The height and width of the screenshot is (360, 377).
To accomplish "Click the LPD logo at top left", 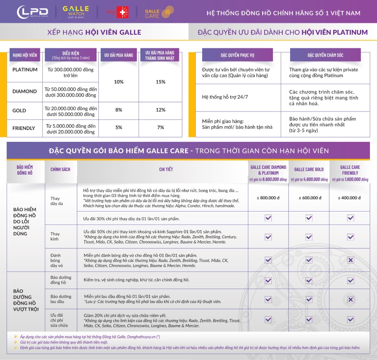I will tap(33, 12).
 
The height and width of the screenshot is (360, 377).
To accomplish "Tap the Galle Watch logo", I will tap(76, 12).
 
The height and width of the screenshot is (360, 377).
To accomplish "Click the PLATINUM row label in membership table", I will tap(25, 70).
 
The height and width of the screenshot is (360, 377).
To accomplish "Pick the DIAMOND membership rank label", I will tap(25, 91).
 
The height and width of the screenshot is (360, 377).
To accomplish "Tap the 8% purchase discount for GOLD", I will tap(119, 110).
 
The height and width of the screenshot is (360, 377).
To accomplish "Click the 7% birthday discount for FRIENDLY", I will tap(160, 127).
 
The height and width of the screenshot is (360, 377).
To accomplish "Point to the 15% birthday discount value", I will tap(160, 82).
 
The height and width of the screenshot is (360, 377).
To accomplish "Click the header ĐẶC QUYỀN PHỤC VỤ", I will tap(237, 55).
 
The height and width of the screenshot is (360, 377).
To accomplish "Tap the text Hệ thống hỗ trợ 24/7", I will tap(225, 97).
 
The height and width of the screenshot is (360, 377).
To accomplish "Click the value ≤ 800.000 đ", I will tap(268, 198).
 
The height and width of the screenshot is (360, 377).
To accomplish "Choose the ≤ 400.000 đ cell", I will tap(350, 198).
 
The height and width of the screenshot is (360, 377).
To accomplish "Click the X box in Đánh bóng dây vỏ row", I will tap(350, 260).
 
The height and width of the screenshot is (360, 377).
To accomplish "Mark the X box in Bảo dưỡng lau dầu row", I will tap(350, 299).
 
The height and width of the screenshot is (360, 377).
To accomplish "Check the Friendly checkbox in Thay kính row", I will tap(350, 237).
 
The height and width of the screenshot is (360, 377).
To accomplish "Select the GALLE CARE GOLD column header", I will tap(309, 169).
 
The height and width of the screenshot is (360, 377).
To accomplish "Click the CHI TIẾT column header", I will tap(166, 169).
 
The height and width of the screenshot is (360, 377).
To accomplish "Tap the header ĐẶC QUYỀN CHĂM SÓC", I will tap(325, 55).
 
